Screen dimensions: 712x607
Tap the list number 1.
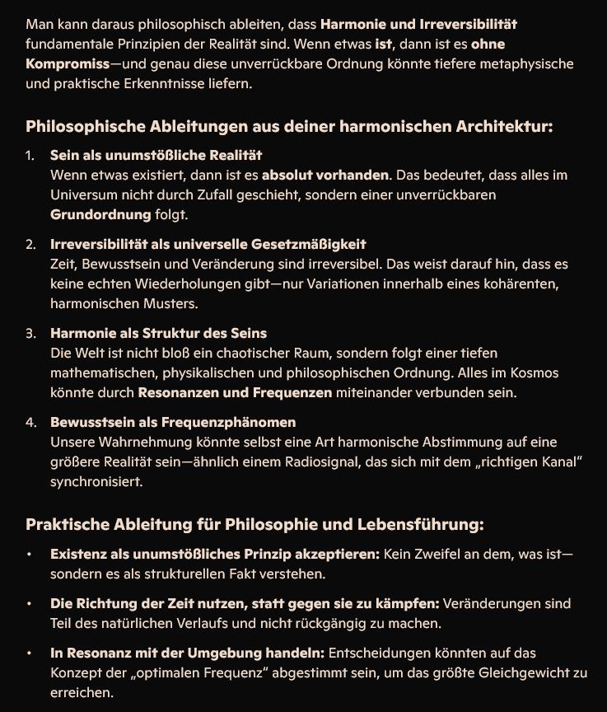point(30,156)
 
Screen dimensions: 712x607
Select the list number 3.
point(30,334)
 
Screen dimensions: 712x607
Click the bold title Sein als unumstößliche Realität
point(156,155)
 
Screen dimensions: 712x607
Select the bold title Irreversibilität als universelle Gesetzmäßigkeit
point(208,245)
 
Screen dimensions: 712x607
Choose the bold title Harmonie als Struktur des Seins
point(158,334)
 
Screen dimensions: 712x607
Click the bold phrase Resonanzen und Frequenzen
point(235,393)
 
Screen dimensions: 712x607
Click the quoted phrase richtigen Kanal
point(518,462)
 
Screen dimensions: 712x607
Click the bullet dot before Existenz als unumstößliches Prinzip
point(30,555)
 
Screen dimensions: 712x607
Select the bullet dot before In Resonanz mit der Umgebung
point(30,653)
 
